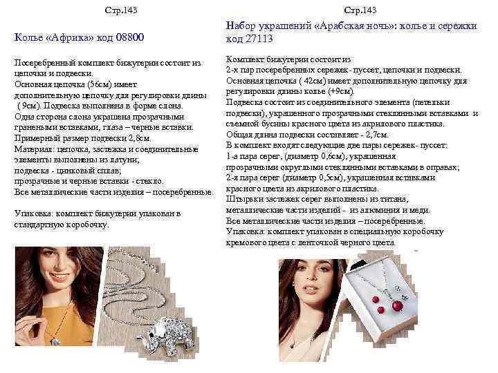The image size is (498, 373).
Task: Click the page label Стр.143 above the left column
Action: tap(117, 10)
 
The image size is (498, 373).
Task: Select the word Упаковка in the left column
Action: tap(33, 214)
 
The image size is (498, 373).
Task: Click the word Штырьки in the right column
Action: tap(243, 199)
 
